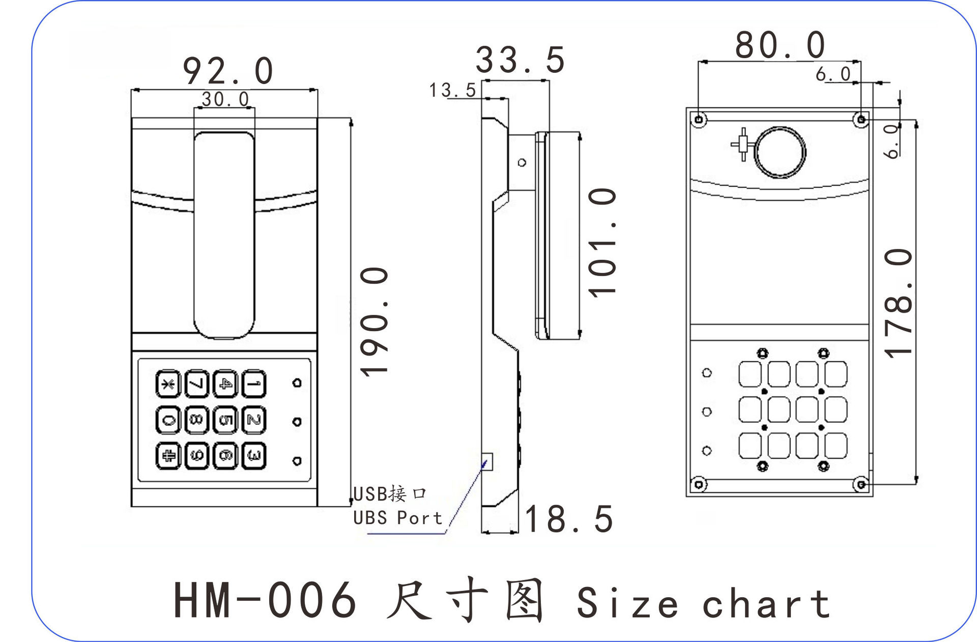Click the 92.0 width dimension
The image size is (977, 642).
(x=228, y=71)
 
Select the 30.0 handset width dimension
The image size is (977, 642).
(x=225, y=99)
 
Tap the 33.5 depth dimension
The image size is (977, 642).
(x=520, y=60)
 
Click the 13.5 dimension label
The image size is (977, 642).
(x=452, y=91)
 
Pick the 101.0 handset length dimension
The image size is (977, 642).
(x=602, y=242)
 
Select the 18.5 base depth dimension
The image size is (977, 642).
(x=569, y=519)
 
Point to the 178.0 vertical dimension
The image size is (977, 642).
(x=899, y=303)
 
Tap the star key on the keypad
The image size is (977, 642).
(x=168, y=384)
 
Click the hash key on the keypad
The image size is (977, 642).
(x=168, y=456)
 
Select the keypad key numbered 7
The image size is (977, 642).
(x=196, y=384)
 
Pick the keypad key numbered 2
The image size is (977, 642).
(x=254, y=420)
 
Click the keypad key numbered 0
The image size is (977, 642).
(x=168, y=420)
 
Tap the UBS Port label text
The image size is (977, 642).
(x=397, y=518)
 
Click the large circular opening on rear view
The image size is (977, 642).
(x=780, y=152)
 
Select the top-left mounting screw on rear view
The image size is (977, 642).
(x=699, y=120)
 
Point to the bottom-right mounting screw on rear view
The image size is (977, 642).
(x=861, y=484)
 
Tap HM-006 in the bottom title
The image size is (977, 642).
(x=265, y=600)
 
